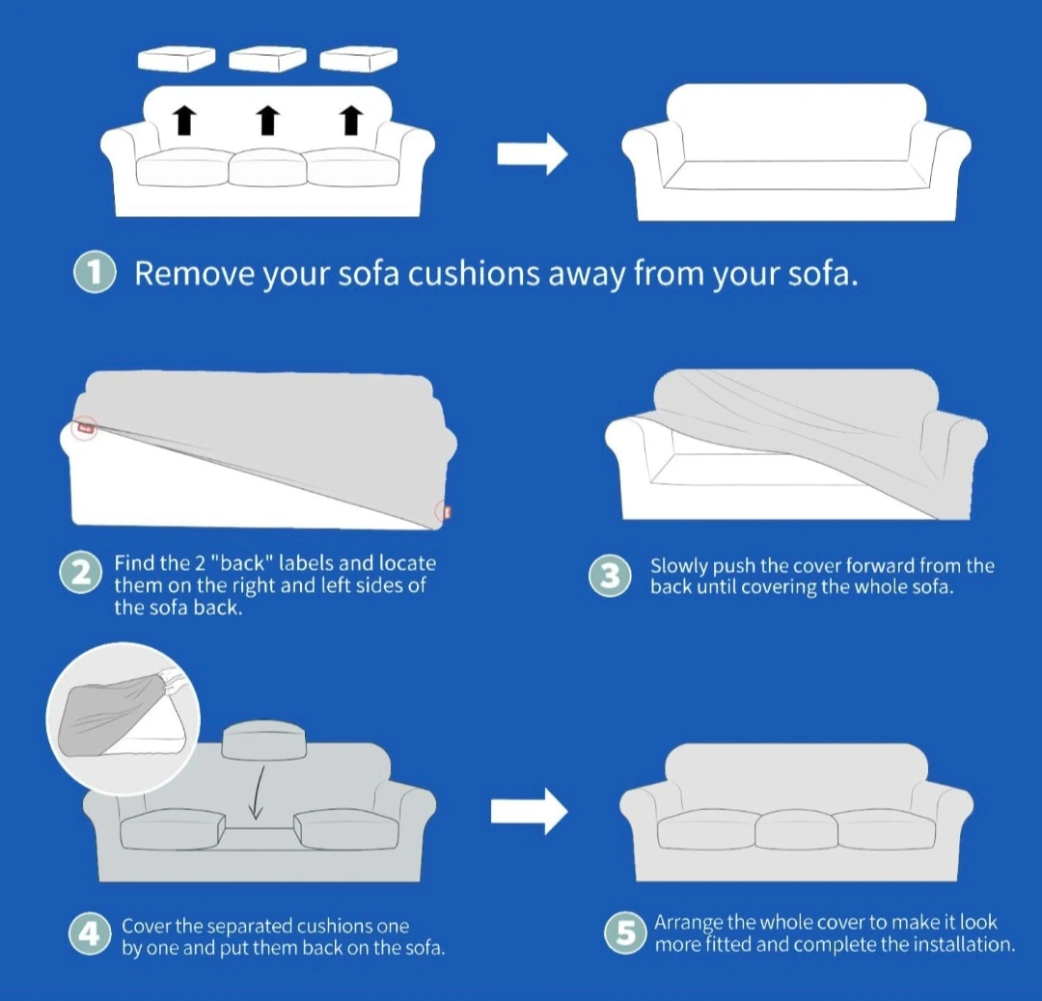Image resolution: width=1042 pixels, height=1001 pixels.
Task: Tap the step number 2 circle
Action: (x=81, y=573)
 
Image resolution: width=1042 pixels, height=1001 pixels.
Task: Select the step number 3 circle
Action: (x=610, y=575)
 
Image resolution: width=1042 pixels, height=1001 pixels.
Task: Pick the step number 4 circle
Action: (x=89, y=934)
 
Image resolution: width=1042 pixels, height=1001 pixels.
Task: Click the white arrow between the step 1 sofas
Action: (x=533, y=154)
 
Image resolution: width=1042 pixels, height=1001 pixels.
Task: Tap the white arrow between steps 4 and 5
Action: (x=530, y=811)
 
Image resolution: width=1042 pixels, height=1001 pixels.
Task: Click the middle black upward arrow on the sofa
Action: (x=267, y=120)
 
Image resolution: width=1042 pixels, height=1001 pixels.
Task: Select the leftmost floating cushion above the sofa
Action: (x=177, y=59)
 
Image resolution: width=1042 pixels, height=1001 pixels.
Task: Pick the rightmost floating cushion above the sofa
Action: (x=359, y=59)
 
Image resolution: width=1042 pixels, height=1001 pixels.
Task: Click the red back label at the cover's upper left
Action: (x=85, y=428)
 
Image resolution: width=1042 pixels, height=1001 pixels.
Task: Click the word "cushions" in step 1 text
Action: (x=473, y=273)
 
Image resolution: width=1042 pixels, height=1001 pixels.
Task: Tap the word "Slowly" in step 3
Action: (x=678, y=567)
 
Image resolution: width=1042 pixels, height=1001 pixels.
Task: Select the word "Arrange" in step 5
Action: (x=688, y=923)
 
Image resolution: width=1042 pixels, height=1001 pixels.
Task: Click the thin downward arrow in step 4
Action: (x=258, y=793)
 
